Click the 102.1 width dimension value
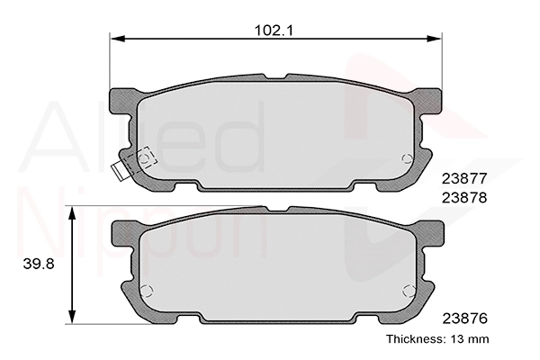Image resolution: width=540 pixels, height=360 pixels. (274, 31)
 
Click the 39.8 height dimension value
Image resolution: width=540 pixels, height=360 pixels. (39, 265)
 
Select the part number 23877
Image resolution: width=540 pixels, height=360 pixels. (464, 178)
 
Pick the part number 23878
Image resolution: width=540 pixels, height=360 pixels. (464, 198)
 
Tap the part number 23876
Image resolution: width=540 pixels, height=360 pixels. (465, 319)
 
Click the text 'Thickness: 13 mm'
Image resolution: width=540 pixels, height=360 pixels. (437, 339)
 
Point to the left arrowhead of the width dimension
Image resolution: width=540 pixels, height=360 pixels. (117, 38)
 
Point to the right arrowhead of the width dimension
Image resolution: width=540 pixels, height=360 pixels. (435, 38)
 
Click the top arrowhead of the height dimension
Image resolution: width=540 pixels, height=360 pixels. (72, 213)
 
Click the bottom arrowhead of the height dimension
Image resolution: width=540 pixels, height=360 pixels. (72, 317)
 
